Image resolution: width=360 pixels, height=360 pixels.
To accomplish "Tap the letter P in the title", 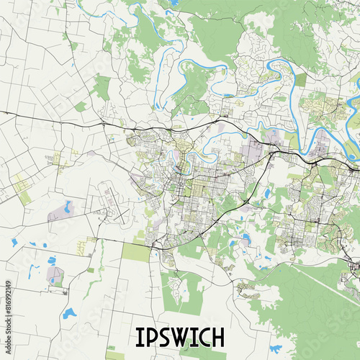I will [x=153, y=337].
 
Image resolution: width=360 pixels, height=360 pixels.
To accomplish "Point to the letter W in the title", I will [x=183, y=337].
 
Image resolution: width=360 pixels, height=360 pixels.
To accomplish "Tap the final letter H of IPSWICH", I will [x=218, y=337].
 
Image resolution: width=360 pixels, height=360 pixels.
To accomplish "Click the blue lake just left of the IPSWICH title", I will [x=68, y=313].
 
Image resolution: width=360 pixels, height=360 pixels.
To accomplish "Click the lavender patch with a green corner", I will [x=55, y=275].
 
